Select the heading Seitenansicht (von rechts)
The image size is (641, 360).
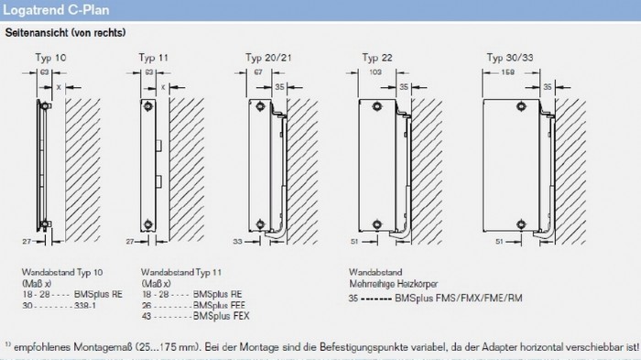tap(65, 33)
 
